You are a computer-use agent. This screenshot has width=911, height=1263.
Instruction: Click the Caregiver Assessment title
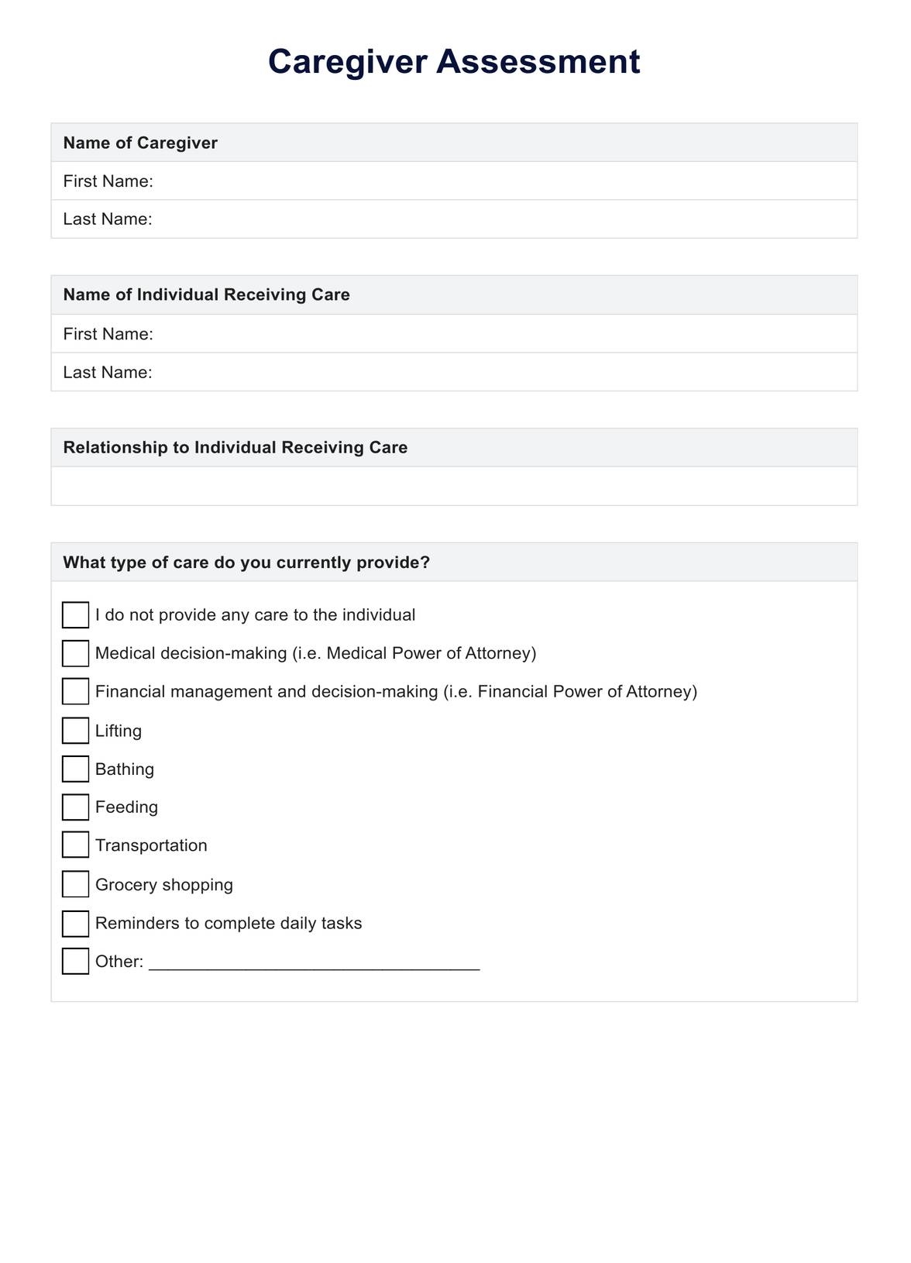(454, 62)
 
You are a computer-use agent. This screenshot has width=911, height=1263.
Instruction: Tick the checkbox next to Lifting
(75, 730)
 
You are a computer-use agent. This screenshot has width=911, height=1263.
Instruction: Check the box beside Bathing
(75, 769)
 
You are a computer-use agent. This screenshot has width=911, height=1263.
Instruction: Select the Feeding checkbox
(75, 807)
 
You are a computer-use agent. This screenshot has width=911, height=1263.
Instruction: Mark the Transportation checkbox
(75, 845)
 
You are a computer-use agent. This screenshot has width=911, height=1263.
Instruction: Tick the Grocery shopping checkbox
(75, 884)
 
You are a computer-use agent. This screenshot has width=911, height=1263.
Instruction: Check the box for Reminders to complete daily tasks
(75, 923)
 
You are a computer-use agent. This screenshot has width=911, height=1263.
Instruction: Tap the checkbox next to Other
(75, 961)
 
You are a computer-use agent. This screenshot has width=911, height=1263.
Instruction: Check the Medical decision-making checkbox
(75, 653)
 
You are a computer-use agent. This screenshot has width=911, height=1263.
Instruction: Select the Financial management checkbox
(75, 691)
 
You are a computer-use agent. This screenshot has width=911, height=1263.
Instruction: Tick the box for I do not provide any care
(75, 615)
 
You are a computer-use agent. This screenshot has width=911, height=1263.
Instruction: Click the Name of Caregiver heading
(140, 143)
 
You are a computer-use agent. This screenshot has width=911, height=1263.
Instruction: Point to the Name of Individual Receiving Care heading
(206, 294)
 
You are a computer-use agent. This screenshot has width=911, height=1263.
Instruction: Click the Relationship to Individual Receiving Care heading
(235, 447)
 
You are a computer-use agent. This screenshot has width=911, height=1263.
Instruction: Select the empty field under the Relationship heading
(454, 486)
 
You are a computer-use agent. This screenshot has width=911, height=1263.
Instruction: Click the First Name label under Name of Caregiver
(108, 181)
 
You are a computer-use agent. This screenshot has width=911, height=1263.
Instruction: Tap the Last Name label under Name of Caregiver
(108, 219)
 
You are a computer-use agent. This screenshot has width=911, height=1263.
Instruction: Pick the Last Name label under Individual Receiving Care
(108, 372)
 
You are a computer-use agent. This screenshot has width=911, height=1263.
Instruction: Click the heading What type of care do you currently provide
(246, 563)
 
